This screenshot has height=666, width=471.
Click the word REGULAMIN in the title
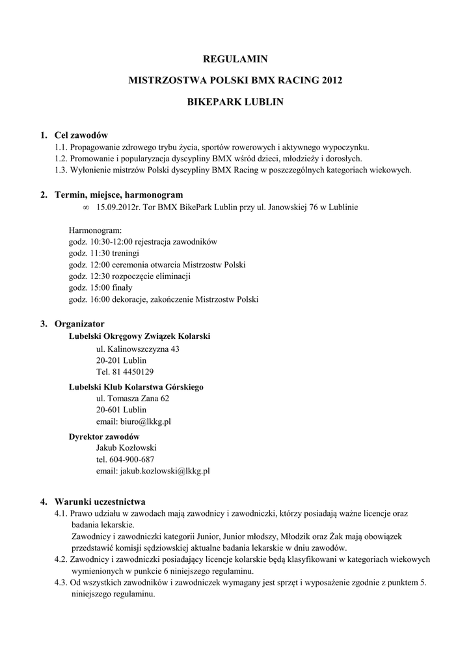click(235, 59)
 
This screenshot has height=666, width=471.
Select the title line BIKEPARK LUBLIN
click(235, 102)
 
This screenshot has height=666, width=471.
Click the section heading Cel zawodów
click(81, 135)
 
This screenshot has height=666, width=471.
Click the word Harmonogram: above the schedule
click(94, 230)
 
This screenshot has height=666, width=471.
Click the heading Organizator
click(79, 323)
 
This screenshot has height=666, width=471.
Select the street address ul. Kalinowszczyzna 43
click(137, 349)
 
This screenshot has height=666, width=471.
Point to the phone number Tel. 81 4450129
click(125, 372)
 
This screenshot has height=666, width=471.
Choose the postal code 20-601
click(108, 410)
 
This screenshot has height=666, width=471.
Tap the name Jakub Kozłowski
click(126, 447)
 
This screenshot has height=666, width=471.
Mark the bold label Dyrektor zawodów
click(104, 436)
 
